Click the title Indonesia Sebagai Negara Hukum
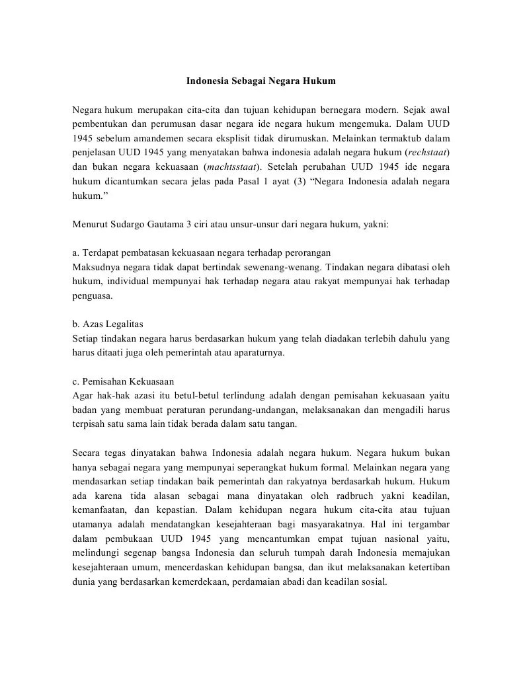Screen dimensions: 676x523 [x=261, y=81]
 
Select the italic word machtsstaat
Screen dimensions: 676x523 [x=231, y=167]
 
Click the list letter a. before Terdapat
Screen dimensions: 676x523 [x=76, y=253]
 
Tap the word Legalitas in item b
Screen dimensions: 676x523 [x=124, y=324]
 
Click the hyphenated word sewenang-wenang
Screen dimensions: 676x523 [x=254, y=268]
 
